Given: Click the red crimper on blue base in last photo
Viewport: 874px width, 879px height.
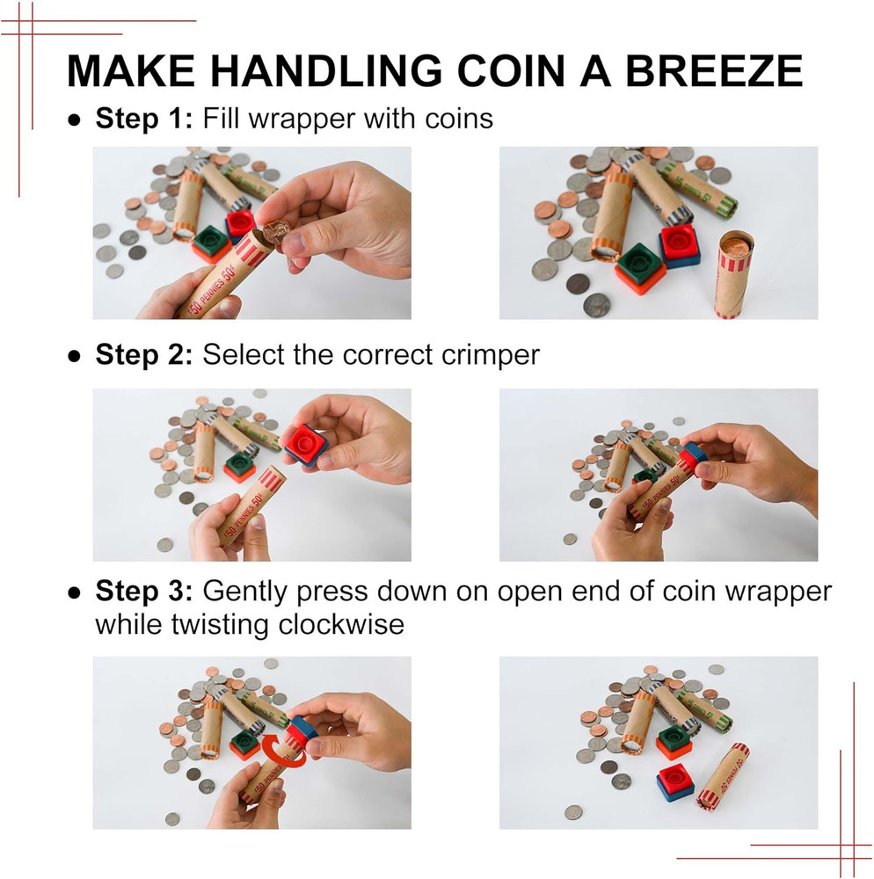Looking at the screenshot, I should click(x=674, y=781).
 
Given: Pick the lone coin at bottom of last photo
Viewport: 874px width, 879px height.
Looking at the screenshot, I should click(x=573, y=812).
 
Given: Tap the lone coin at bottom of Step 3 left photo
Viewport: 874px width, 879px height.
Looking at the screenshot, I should click(x=172, y=818).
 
